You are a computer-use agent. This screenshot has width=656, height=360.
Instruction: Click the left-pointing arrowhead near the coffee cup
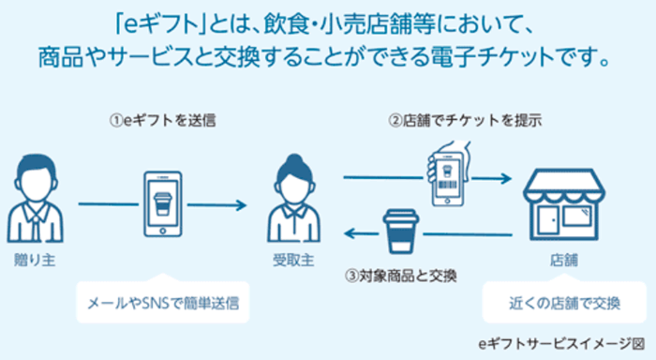(x=348, y=233)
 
